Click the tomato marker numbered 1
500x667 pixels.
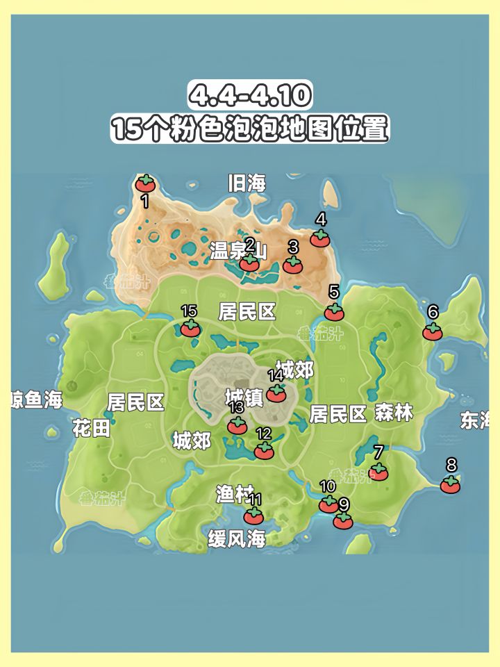click(x=145, y=184)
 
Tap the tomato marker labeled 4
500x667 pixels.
click(x=319, y=238)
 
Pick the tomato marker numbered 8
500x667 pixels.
click(x=450, y=485)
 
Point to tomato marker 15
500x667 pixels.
click(x=190, y=329)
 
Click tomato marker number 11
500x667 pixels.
click(x=253, y=516)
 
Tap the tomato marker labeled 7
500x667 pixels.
click(x=378, y=472)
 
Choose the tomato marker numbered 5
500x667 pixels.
click(x=334, y=312)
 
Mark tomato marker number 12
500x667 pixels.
click(x=264, y=451)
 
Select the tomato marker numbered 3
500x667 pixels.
click(x=293, y=265)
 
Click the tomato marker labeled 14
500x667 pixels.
click(x=276, y=393)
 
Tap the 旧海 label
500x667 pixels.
click(x=247, y=183)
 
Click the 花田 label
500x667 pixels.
click(x=91, y=429)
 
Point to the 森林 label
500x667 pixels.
click(x=394, y=413)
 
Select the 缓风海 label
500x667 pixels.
click(x=237, y=538)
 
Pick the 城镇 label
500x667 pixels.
click(x=244, y=397)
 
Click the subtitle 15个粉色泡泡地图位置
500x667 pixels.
click(x=250, y=129)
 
